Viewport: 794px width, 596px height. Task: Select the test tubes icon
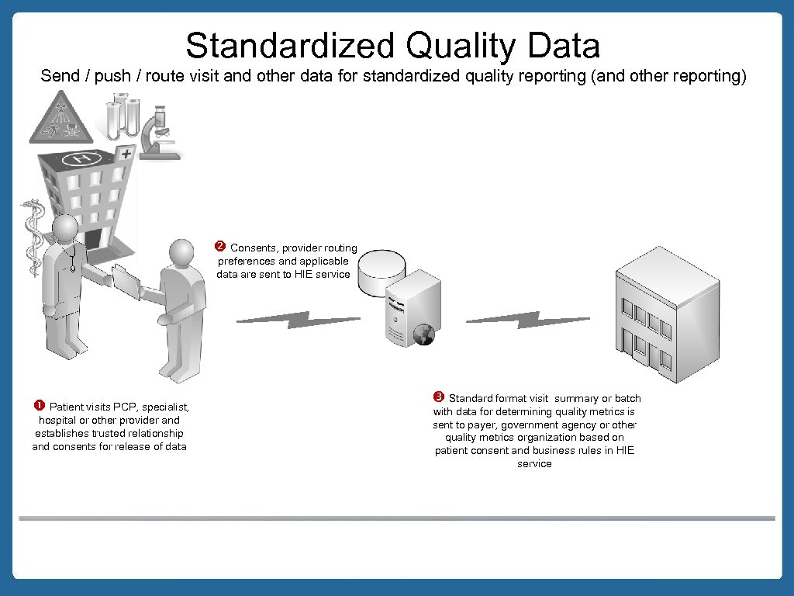pos(123,116)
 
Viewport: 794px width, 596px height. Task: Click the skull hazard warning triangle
pos(60,118)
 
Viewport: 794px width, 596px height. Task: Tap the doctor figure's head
pos(65,229)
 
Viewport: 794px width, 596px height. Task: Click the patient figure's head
pos(181,253)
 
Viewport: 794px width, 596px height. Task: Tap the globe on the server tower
pos(423,335)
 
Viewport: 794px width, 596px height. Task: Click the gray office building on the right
pos(655,314)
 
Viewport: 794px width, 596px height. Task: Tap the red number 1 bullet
pos(38,405)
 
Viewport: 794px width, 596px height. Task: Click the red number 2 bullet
pos(219,247)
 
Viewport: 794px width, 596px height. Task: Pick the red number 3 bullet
pos(438,397)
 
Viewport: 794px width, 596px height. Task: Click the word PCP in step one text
pos(124,407)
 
